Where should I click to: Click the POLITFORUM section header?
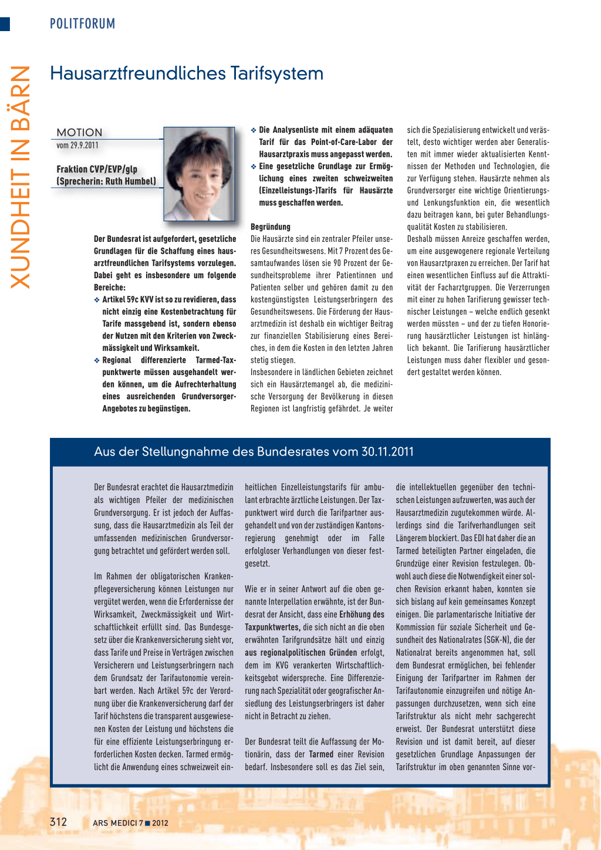(82, 24)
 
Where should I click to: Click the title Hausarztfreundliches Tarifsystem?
(187, 73)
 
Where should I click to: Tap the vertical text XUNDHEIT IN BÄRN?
(21, 176)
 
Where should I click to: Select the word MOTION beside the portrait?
(79, 133)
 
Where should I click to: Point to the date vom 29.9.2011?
(77, 146)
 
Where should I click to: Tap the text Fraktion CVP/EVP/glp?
(97, 169)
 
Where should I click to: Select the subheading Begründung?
(270, 227)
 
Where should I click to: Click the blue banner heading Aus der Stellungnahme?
(254, 451)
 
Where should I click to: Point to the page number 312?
(58, 822)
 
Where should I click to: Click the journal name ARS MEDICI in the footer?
(114, 823)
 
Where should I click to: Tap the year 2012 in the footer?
(160, 823)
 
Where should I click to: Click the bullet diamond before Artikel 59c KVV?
(97, 300)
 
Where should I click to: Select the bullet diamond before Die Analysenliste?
(254, 130)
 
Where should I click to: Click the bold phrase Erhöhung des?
(362, 615)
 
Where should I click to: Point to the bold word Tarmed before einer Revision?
(321, 754)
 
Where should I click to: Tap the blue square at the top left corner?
(5, 24)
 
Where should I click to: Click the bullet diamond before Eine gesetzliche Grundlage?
(254, 167)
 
